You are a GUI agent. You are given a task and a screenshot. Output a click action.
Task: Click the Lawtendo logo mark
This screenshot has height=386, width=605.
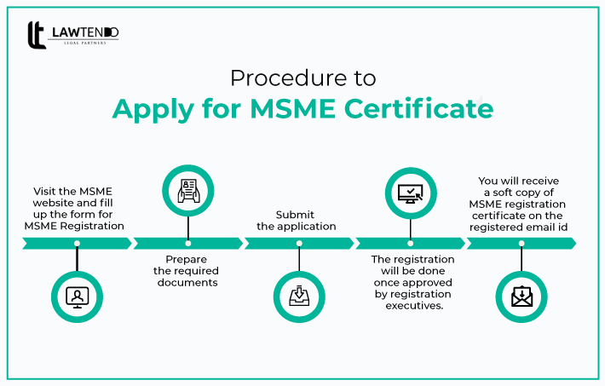(37, 35)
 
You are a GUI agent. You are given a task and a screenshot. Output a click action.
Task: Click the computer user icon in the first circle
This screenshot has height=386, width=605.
(78, 296)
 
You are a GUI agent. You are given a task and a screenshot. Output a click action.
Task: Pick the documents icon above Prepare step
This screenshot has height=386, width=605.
(188, 191)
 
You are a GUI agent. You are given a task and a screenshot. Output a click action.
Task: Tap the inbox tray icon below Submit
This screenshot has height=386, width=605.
(299, 296)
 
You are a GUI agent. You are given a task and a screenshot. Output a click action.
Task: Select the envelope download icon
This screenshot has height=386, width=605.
(521, 296)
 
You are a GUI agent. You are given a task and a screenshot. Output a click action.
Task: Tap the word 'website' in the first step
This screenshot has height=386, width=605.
(58, 203)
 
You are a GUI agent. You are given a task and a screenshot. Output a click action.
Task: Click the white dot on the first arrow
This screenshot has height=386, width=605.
(78, 244)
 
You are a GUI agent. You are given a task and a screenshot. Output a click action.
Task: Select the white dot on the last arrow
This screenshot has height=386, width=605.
(521, 244)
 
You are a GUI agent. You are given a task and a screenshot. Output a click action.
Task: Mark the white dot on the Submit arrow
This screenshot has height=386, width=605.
(299, 244)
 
